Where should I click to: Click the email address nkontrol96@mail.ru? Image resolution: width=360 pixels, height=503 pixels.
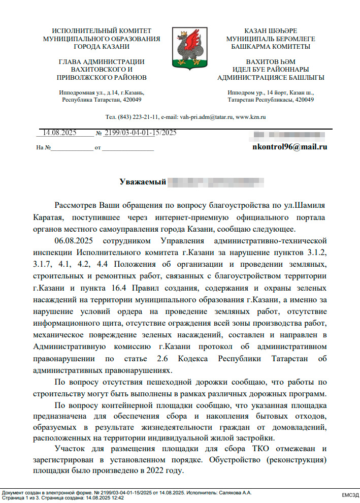click(289, 147)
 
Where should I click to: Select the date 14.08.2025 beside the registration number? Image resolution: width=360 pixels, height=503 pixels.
click(59, 133)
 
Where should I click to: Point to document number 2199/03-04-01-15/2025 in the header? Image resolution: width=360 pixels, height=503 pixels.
click(140, 133)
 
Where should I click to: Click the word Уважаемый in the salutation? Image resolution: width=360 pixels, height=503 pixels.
click(143, 181)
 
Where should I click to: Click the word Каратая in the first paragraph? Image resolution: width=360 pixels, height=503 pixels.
click(47, 218)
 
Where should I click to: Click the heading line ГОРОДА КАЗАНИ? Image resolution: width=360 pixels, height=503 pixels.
click(102, 46)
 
